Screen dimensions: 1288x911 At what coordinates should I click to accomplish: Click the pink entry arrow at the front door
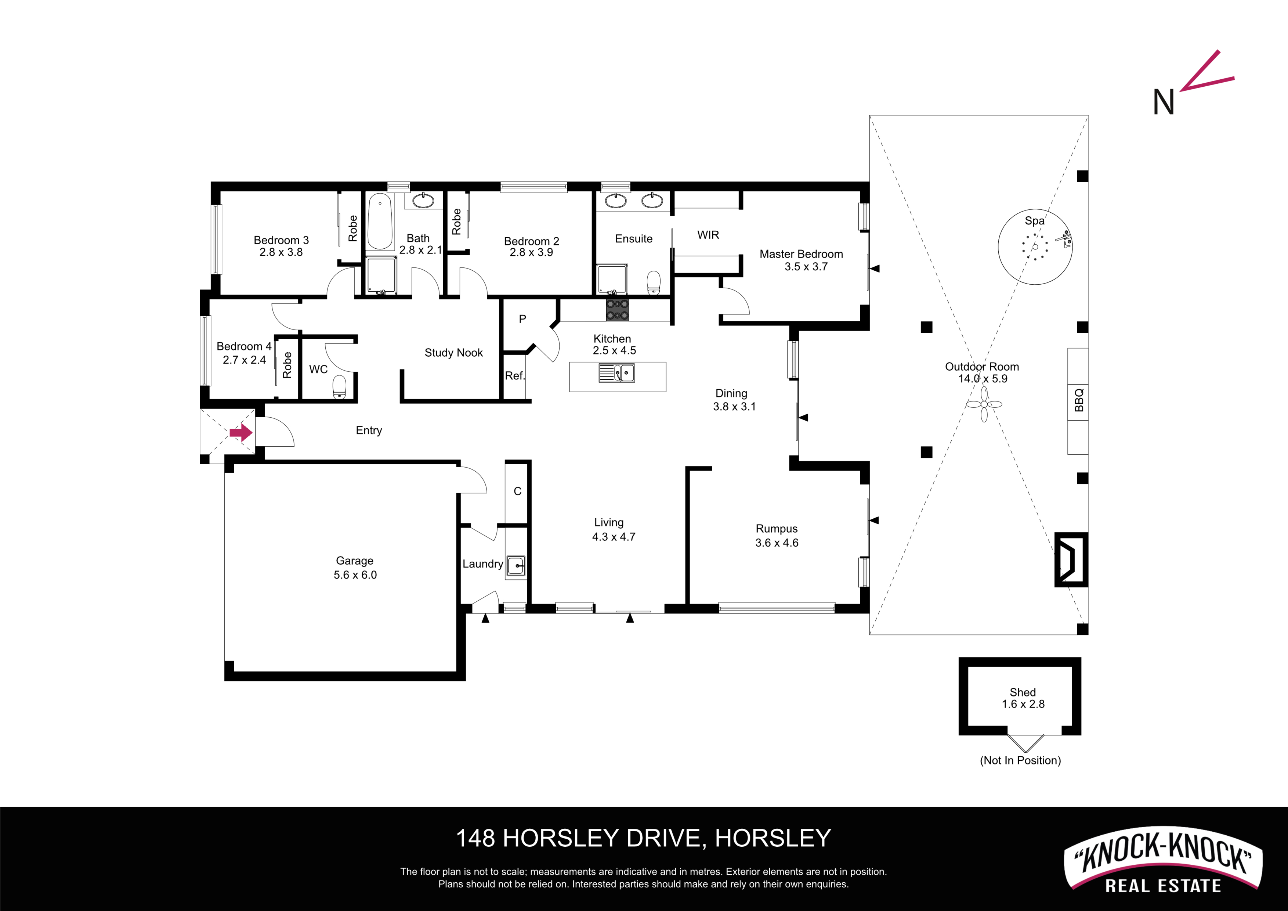240,432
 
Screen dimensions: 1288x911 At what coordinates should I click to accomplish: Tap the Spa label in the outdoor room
1034,221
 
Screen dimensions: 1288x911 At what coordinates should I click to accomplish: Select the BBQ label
1079,400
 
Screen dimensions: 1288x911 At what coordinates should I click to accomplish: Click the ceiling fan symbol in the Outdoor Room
984,404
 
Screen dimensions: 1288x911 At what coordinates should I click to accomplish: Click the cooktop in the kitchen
617,309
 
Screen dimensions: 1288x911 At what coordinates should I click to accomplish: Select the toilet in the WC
339,387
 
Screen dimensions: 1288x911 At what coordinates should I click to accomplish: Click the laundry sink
515,566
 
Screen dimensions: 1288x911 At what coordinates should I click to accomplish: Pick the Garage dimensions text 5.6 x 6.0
355,575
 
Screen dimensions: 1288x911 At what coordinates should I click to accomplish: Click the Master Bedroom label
801,254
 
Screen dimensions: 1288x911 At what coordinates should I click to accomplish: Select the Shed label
1023,692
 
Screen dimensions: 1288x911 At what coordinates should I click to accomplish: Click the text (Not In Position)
1020,760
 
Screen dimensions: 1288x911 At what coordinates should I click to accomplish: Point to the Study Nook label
453,353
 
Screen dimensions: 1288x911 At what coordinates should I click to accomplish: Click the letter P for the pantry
522,319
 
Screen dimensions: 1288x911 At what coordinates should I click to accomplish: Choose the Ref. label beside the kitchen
514,375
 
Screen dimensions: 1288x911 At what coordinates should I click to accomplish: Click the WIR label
708,235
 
